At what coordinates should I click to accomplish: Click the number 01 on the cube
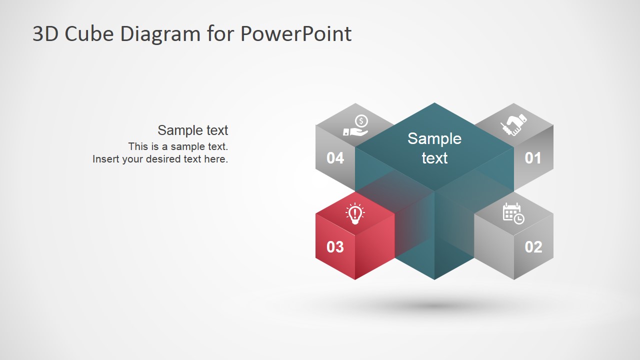[x=533, y=158]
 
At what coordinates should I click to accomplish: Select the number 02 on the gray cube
[x=533, y=247]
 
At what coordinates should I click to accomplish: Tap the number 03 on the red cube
[x=335, y=247]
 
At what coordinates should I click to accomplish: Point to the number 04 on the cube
[x=335, y=158]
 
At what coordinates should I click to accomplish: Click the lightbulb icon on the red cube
[x=355, y=213]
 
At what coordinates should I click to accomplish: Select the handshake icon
[x=513, y=124]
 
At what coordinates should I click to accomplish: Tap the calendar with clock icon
[x=513, y=213]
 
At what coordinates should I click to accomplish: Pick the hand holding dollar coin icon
[x=355, y=125]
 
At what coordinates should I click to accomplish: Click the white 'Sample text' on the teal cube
[x=434, y=148]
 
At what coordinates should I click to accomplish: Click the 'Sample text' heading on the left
[x=192, y=130]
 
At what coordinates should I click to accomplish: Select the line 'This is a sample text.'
[x=177, y=146]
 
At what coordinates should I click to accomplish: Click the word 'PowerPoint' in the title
[x=295, y=34]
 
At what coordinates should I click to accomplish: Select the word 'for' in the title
[x=220, y=34]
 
